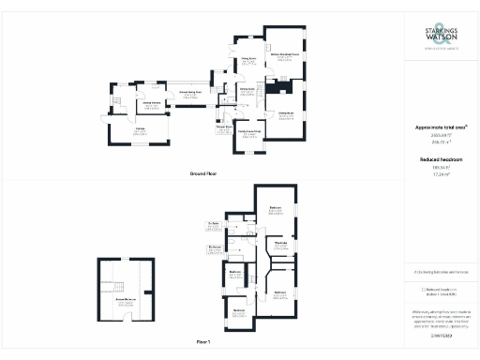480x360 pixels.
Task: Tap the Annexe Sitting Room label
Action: click(x=190, y=95)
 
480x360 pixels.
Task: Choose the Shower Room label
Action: click(x=225, y=127)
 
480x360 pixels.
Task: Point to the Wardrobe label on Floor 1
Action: click(x=279, y=244)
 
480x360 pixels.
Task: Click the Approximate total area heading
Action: click(x=441, y=127)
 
